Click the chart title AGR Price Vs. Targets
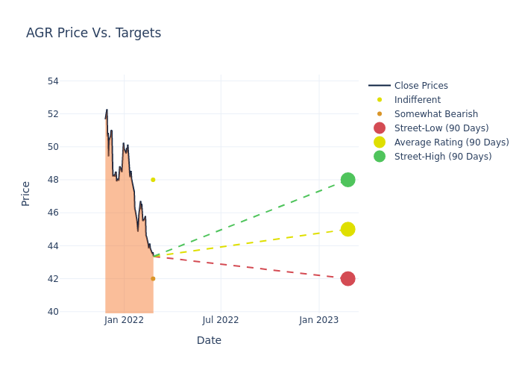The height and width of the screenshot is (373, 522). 93,33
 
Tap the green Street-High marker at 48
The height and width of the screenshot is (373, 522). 348,180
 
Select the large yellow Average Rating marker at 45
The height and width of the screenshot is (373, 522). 348,229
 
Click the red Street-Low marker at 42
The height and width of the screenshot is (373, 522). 348,279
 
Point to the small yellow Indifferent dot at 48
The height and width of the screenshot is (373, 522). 153,180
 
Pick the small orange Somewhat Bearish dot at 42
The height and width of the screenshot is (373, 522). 153,279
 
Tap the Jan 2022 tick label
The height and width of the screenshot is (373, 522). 124,320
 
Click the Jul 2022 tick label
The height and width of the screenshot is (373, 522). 221,320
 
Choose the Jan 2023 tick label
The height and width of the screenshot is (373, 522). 319,320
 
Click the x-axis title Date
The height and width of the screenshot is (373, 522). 209,340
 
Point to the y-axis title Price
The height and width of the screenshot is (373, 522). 26,193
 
